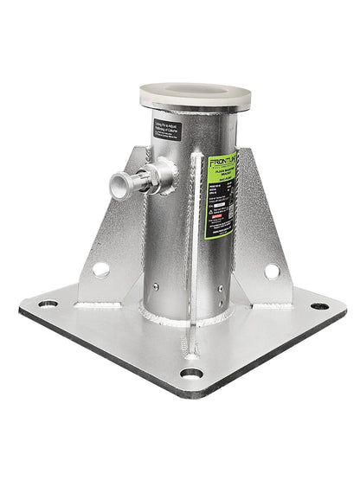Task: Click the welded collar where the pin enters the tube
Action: (164, 176)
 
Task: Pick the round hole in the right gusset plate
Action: (272, 271)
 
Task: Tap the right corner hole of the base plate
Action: (319, 306)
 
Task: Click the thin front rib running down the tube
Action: (199, 242)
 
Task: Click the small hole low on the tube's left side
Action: (155, 287)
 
